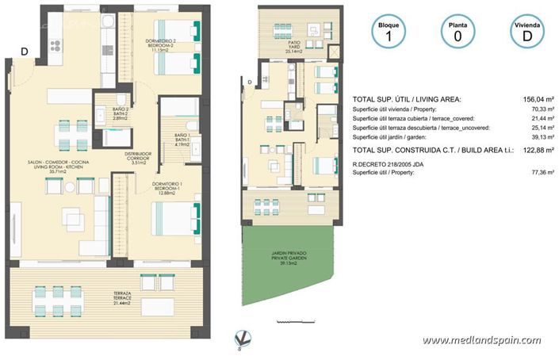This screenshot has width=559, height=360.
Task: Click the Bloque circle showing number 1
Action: tap(389, 33)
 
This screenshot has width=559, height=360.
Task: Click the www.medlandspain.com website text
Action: tap(488, 340)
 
